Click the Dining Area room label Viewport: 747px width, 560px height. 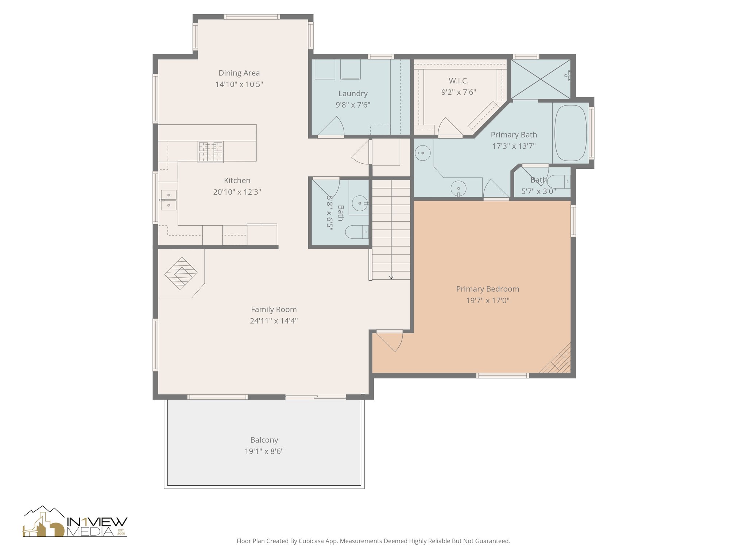tap(239, 73)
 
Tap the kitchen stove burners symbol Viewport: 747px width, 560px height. tap(210, 152)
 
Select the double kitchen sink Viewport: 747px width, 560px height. tap(169, 200)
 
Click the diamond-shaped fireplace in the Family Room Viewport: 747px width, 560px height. tap(181, 273)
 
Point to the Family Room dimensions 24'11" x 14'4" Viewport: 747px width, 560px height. tap(274, 321)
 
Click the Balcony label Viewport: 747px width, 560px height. tap(264, 440)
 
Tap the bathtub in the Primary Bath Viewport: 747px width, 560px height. tap(570, 133)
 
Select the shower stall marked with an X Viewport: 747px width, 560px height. tap(540, 79)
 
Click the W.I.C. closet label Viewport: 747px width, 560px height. tap(458, 81)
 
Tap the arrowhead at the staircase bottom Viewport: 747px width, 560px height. tap(391, 277)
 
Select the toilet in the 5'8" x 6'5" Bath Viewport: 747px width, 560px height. tap(356, 232)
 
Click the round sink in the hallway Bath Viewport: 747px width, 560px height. tap(360, 203)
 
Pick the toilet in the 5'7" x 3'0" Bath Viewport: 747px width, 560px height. tap(558, 181)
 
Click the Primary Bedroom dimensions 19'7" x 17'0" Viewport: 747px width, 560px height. tap(488, 300)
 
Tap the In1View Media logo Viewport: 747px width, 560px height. tap(75, 522)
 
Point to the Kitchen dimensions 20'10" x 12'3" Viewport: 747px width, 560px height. tap(237, 192)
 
